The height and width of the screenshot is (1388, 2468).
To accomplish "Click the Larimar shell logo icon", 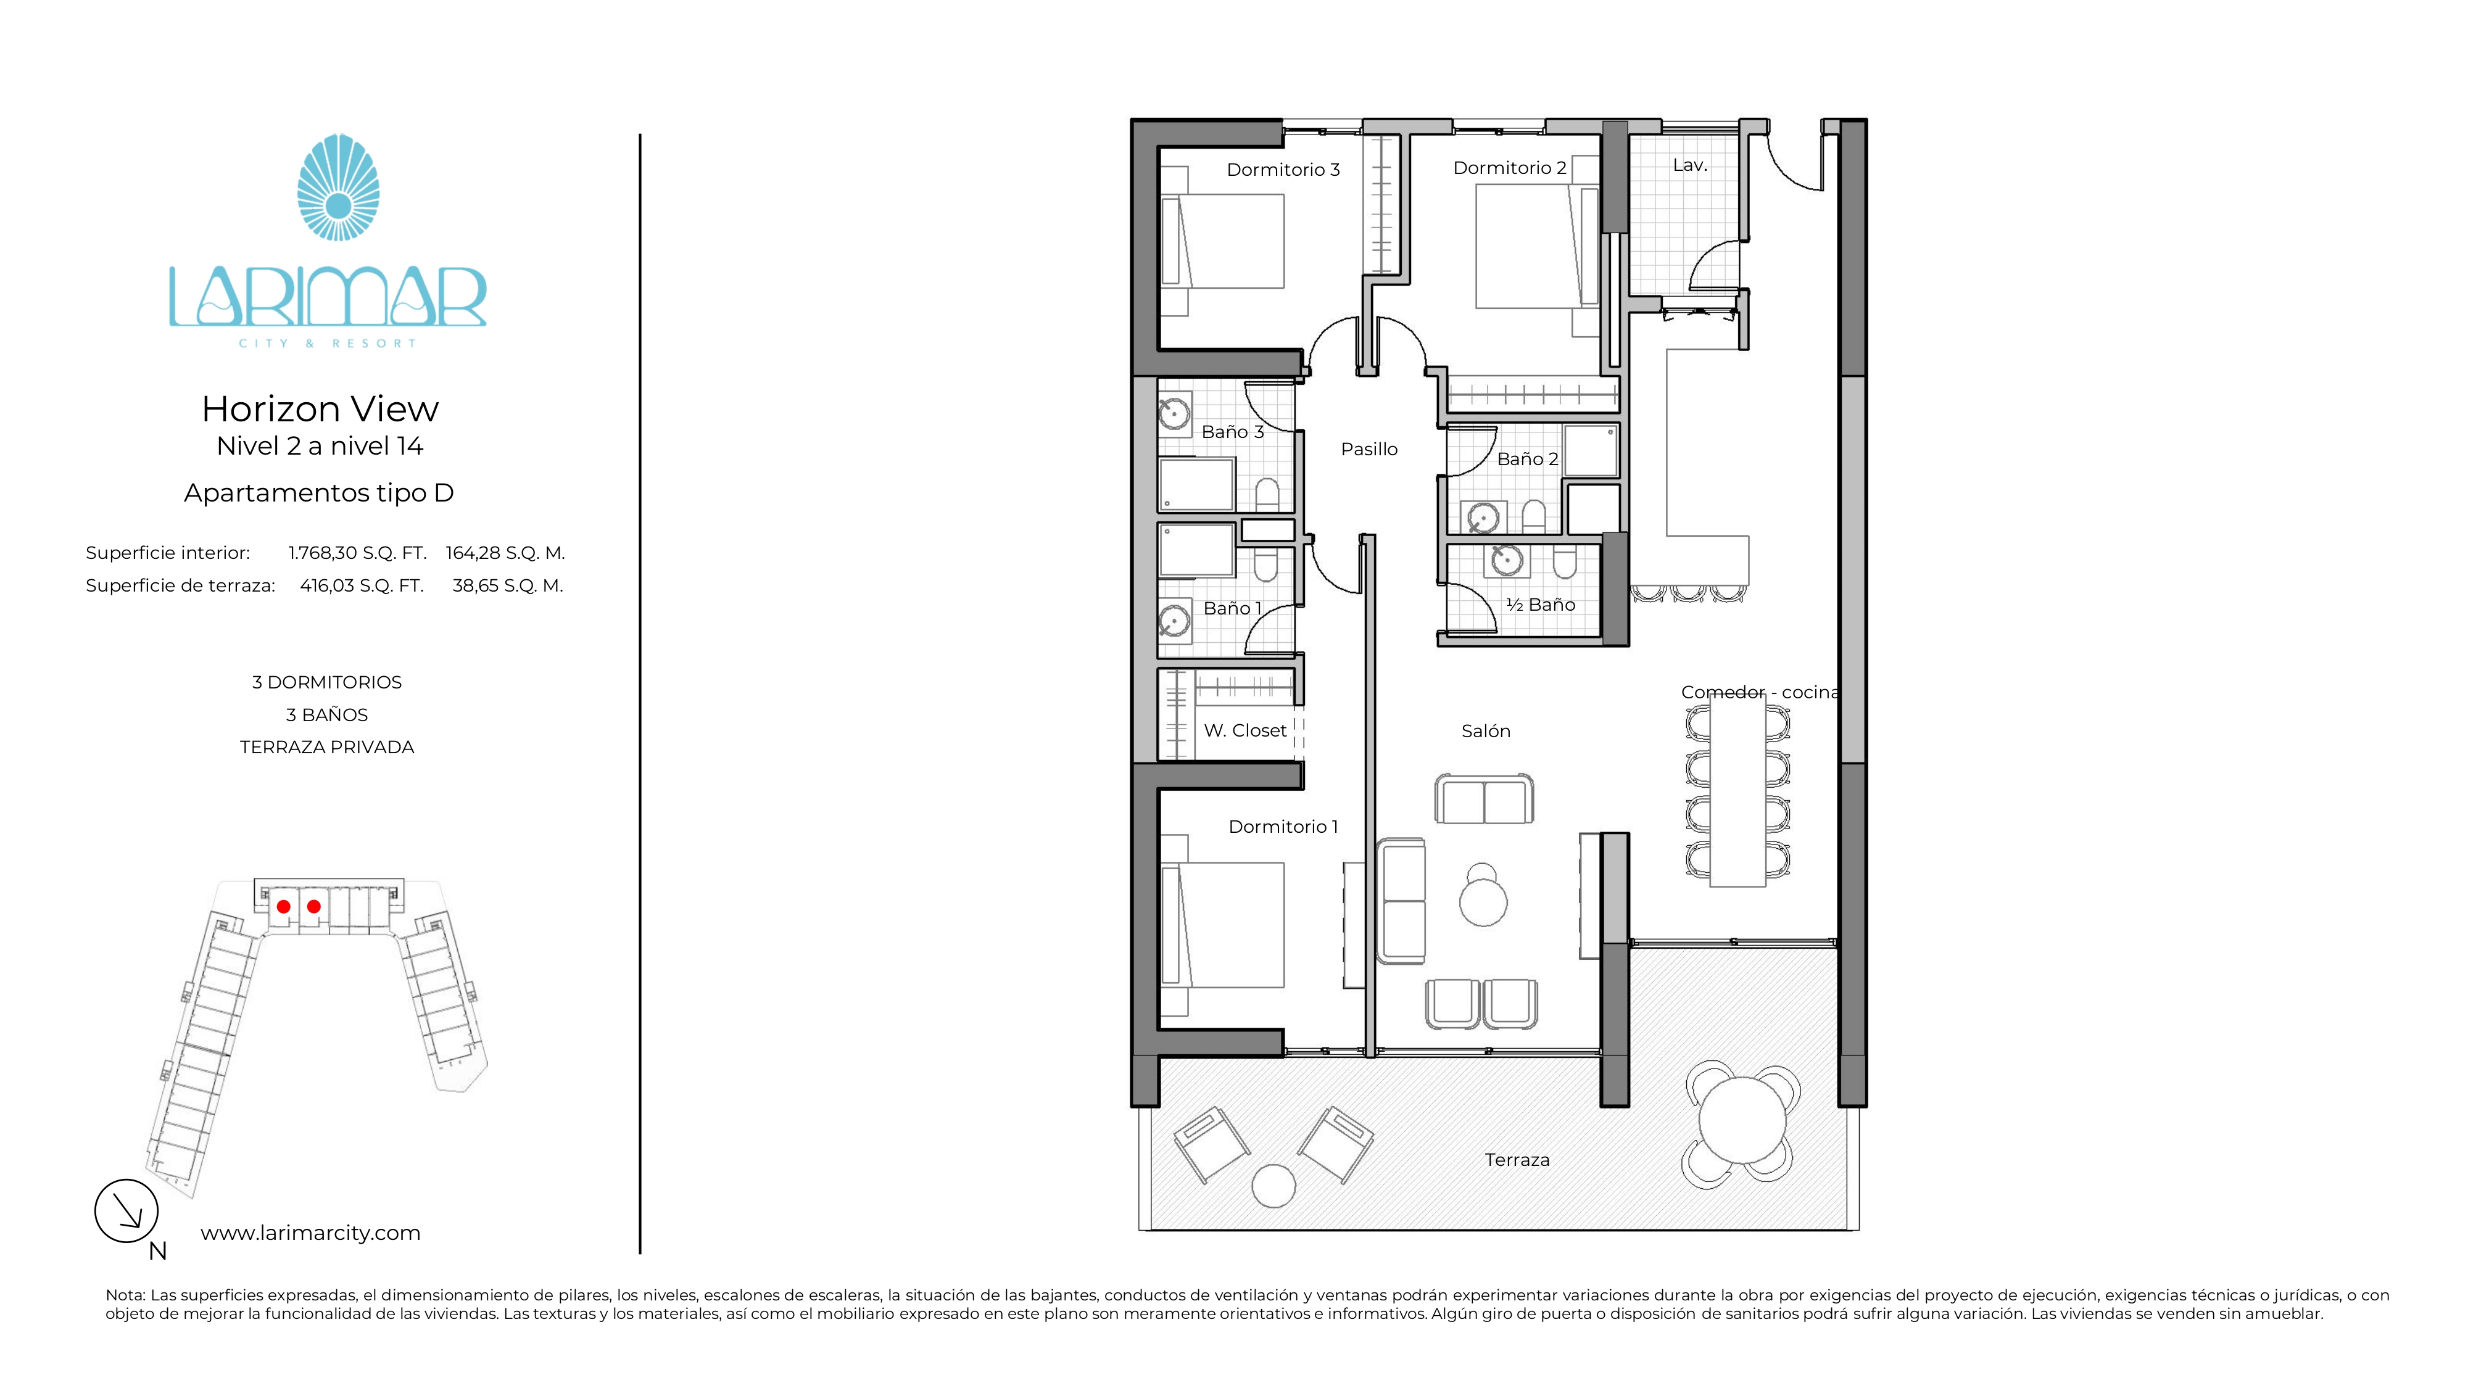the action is (x=338, y=187).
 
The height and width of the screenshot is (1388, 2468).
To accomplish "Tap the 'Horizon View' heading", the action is (x=320, y=409).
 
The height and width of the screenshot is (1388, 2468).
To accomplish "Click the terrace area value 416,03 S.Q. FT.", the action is (x=362, y=585).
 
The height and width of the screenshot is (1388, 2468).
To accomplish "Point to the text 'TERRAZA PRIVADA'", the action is (x=327, y=747).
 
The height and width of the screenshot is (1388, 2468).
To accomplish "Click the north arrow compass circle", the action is (x=126, y=1211).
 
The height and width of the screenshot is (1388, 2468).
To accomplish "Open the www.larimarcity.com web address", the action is (x=310, y=1233).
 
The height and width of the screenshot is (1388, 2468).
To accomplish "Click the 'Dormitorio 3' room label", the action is (x=1283, y=170).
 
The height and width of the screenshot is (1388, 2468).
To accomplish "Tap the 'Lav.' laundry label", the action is (x=1690, y=165).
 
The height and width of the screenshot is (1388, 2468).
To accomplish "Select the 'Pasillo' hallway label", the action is (x=1369, y=449).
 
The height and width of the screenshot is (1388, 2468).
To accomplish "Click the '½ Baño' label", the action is (x=1541, y=605).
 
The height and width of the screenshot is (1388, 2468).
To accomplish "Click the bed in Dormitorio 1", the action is (x=1222, y=924).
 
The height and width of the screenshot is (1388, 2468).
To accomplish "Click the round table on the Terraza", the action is (x=1742, y=1119).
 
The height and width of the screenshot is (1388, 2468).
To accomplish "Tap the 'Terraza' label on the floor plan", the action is (x=1517, y=1160).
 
